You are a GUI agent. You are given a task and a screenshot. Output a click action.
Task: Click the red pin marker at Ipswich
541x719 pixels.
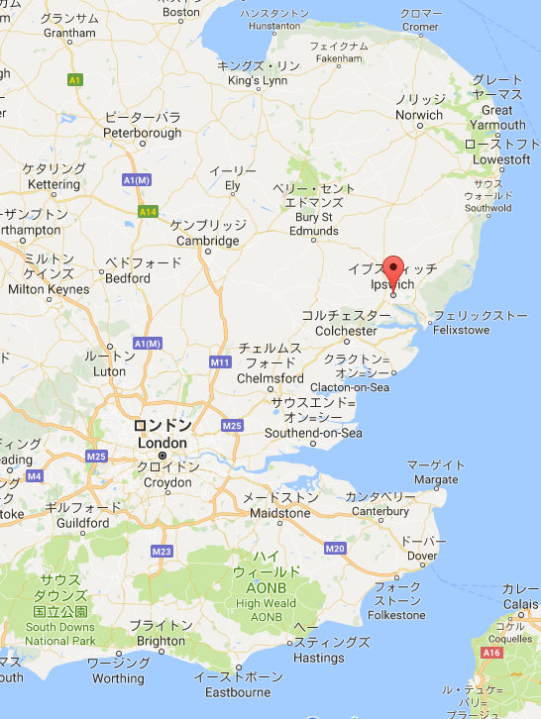(x=393, y=271)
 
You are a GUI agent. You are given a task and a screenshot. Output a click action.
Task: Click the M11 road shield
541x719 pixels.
(x=220, y=362)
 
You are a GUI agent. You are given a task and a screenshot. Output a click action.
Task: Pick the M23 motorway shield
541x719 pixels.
(x=162, y=551)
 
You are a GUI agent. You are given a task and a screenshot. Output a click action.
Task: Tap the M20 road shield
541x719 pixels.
(x=334, y=548)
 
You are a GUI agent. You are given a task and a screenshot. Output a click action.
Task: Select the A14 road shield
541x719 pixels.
(x=148, y=211)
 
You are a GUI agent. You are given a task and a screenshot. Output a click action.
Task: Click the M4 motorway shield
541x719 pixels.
(x=35, y=476)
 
